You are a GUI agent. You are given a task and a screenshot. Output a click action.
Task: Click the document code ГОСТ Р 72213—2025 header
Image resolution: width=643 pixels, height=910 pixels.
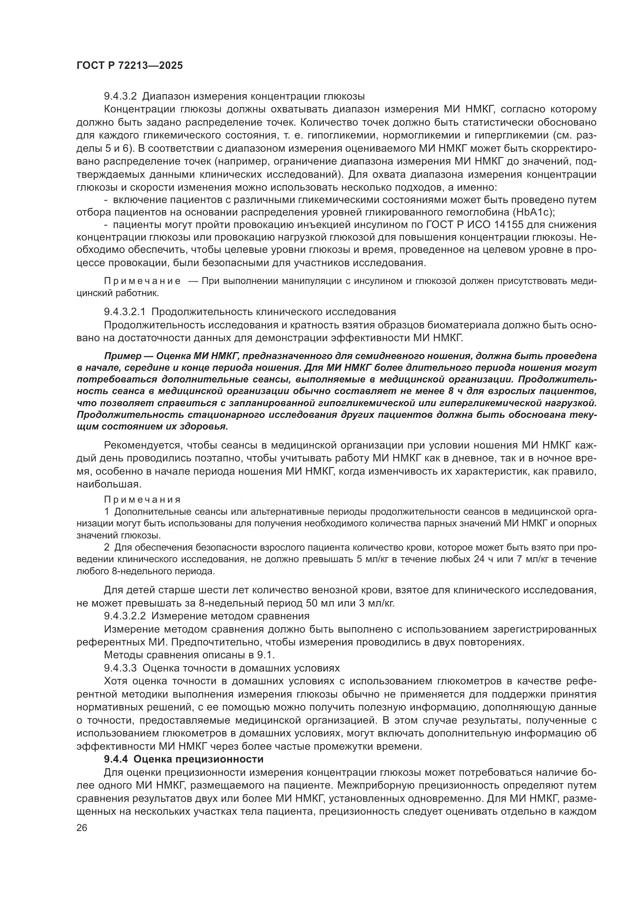[x=129, y=66]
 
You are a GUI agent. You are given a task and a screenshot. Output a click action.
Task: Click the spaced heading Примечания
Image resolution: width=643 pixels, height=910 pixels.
[x=142, y=500]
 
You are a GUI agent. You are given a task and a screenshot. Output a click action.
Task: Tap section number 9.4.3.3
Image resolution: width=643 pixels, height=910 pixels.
[x=120, y=668]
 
